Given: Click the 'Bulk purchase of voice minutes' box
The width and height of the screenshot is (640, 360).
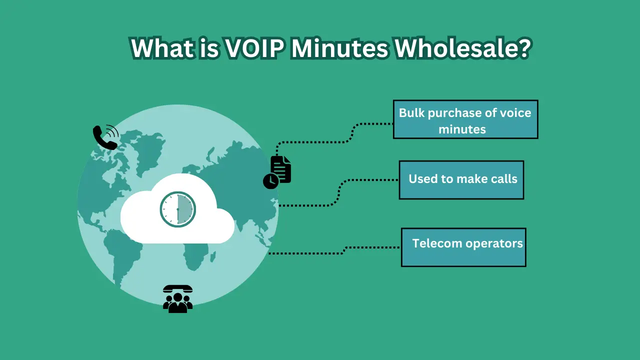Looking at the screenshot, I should (x=465, y=119).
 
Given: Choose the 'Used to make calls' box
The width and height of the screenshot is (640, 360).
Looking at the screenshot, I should (x=461, y=179).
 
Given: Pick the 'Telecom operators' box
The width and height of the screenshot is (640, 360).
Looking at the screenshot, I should (x=463, y=247).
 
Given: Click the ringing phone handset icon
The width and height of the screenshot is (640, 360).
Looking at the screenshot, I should (x=105, y=137).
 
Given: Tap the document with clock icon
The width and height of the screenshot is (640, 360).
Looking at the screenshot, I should (x=278, y=172).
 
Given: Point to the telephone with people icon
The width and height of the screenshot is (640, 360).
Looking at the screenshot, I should (x=177, y=299).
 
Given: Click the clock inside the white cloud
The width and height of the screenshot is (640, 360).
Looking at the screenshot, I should (x=177, y=208).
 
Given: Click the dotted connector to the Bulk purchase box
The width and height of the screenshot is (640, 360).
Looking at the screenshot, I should (x=320, y=142).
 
